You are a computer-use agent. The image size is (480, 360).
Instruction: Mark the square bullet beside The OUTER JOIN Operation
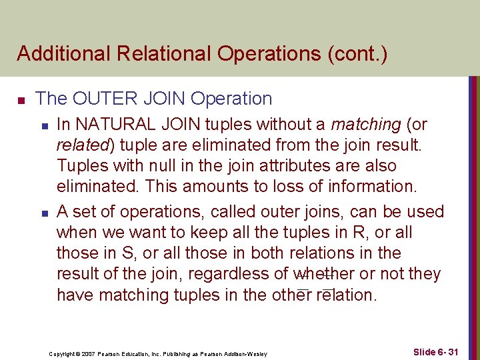pos(21,100)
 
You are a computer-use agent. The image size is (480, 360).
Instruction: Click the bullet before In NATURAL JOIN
pos(43,126)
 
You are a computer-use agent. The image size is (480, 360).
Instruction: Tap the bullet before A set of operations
pos(43,213)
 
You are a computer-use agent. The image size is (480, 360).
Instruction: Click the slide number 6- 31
pos(446,351)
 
